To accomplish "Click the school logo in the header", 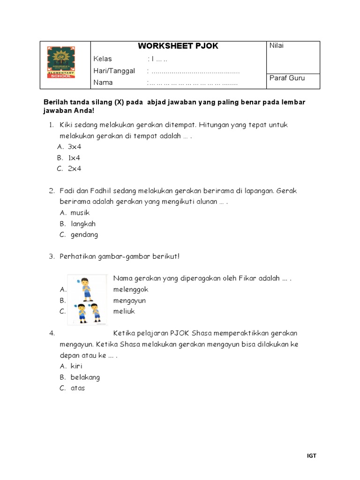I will point(65,65).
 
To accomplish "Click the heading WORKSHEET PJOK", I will point(178,46).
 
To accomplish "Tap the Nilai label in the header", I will point(277,45).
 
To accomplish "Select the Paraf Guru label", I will point(287,78).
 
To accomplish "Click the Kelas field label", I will point(103,59).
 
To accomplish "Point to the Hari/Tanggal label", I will point(114,71).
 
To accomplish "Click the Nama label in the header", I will point(103,82).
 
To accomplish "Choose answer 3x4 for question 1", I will point(75,147).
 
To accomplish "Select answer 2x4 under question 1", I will point(75,169).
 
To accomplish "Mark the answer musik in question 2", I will point(80,213).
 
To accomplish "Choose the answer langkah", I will point(83,224).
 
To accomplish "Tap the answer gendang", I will point(84,235).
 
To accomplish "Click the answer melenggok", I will point(131,290).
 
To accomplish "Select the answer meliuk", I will point(124,311).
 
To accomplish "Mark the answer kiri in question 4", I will point(76,366).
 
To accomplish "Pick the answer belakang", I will point(85,377).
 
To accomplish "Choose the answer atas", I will point(77,388).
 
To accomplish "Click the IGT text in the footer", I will point(312,456).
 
